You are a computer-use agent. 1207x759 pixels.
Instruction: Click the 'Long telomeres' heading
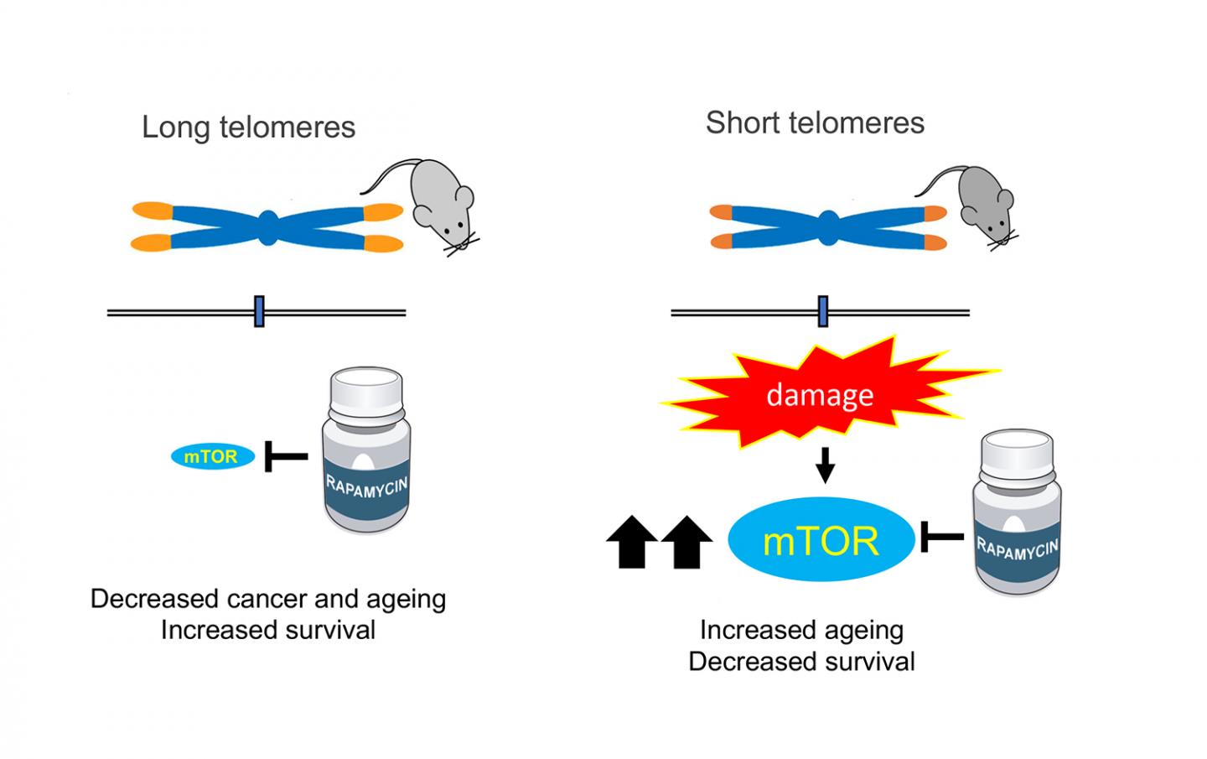click(248, 127)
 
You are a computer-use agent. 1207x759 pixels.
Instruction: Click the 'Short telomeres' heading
click(815, 122)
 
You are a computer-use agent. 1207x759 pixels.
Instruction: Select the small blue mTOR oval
click(213, 456)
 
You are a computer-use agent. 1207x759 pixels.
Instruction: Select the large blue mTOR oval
click(821, 540)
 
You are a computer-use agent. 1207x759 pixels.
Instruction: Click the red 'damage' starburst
click(821, 395)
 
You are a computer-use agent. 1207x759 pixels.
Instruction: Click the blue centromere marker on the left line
click(259, 312)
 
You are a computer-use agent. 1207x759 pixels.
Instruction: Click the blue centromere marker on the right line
click(823, 311)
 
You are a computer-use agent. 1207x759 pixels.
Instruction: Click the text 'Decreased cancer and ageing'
click(268, 599)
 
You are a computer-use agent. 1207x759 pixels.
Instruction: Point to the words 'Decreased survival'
click(801, 662)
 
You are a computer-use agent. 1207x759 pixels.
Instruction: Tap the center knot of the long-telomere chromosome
click(267, 227)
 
